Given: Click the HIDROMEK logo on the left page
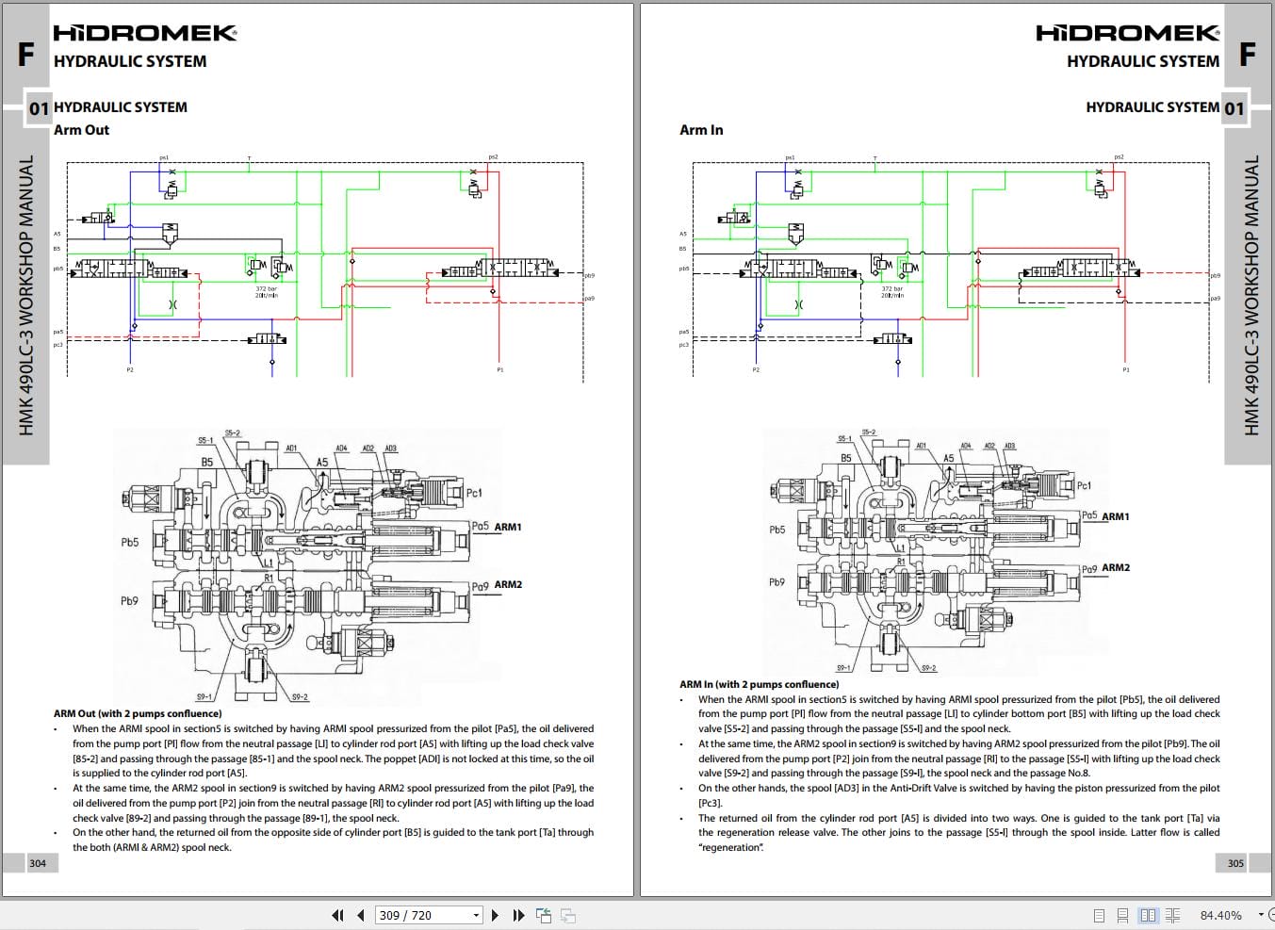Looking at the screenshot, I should pos(144,33).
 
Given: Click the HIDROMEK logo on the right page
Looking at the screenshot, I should pos(1127,33).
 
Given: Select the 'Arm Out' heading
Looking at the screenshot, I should pos(81,130).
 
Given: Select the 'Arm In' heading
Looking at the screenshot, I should pos(701,130).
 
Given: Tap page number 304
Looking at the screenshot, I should pos(38,863).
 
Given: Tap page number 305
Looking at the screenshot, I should pos(1235,863).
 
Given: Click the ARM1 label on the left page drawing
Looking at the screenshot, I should pos(508,528).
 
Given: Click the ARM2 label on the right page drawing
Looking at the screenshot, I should pos(1116,568).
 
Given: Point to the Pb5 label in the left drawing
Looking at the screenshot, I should pos(129,543).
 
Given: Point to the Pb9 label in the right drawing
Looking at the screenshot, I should pos(776,582).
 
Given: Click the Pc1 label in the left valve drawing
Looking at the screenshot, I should pos(474,493).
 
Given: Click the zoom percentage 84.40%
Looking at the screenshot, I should pos(1220,915).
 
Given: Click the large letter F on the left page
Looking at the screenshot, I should pos(25,55).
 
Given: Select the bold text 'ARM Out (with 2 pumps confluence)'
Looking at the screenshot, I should pos(138,714).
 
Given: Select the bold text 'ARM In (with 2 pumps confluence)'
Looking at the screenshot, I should pos(759,685).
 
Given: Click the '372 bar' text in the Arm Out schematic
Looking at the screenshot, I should pos(267,289).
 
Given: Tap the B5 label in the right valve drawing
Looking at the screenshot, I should pos(846,459).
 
